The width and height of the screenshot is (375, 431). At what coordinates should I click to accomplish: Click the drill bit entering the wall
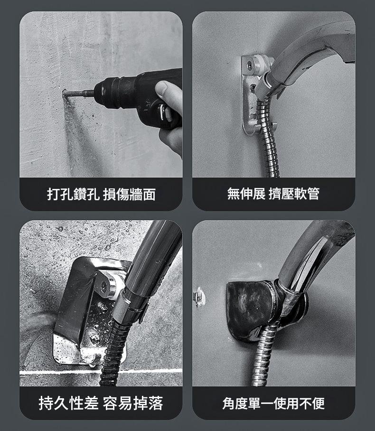79,93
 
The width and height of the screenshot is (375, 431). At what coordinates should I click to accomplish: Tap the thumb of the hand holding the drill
169,94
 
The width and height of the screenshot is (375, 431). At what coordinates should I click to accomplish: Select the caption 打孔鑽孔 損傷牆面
101,194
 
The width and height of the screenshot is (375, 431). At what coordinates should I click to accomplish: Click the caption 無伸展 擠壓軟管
273,194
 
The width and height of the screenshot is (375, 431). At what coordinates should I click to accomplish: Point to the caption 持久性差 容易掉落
101,403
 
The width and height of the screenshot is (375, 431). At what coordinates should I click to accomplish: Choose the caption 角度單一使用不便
273,403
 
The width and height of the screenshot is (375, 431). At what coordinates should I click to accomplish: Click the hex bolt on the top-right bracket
250,65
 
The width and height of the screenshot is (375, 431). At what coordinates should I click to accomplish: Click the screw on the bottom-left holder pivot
104,286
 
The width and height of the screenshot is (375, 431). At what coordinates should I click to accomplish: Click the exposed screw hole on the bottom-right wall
199,296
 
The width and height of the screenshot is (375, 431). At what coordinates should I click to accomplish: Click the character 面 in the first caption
149,194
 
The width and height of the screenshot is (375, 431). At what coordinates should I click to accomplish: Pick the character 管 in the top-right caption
313,194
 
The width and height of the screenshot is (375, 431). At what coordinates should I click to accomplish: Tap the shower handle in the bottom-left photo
154,264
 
